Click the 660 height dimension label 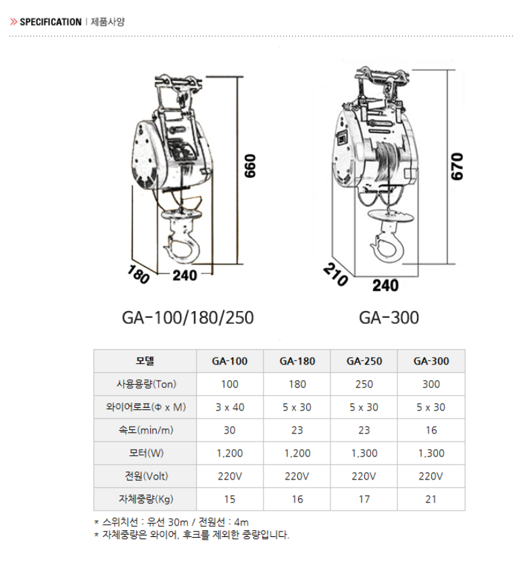(x=250, y=166)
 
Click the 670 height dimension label (x=457, y=166)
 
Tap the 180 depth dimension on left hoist (x=139, y=274)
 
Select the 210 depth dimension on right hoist (x=335, y=275)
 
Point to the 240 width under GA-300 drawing (x=385, y=285)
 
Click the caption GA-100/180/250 (x=188, y=318)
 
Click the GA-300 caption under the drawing (x=389, y=318)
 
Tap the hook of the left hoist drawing (x=182, y=248)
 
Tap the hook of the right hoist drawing (x=387, y=246)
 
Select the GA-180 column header (x=297, y=361)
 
